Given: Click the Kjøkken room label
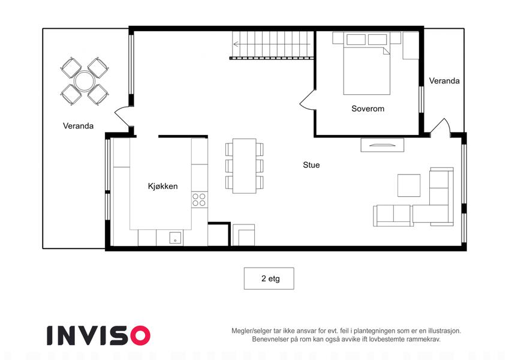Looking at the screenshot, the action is (162, 186).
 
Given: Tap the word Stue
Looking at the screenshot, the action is (311, 165).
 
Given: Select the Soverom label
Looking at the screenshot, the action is (368, 109).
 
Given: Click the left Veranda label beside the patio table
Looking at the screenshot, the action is (78, 126).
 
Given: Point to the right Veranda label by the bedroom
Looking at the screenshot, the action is (444, 80).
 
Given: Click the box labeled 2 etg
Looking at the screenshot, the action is (269, 278).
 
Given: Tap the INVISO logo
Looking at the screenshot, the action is (98, 335).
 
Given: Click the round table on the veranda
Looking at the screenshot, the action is (84, 81).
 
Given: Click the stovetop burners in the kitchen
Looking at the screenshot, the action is (199, 200).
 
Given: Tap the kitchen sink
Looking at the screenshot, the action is (175, 238).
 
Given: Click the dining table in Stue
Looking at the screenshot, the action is (245, 166).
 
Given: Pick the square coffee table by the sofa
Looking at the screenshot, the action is (409, 185).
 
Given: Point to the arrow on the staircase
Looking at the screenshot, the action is (272, 44).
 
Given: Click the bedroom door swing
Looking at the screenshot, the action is (308, 100).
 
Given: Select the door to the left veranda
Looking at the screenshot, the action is (124, 116).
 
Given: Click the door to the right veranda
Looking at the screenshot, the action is (440, 127).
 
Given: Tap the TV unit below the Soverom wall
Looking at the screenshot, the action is (382, 145).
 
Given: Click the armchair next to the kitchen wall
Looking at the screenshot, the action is (243, 235).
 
